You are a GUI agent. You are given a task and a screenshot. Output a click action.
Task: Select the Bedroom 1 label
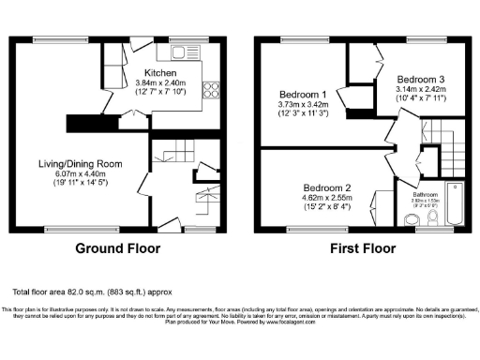pos(303,95)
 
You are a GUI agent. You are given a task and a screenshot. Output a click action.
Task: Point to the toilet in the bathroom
pos(432,217)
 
